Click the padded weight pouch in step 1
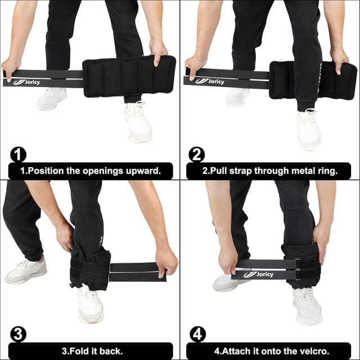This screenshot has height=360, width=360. [x=129, y=75]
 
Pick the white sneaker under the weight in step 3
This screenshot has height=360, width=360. [x=90, y=304]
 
